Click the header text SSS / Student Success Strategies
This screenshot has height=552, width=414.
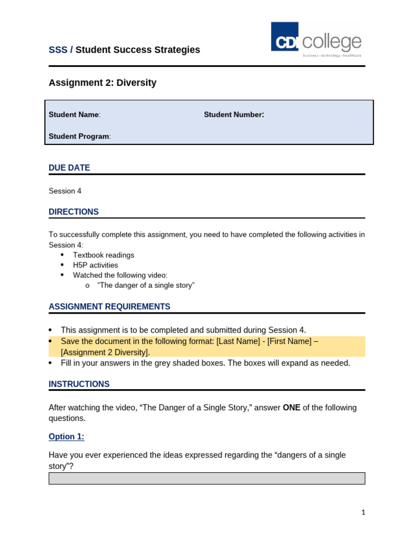pos(124,50)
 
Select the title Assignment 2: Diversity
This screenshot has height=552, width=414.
pos(102,83)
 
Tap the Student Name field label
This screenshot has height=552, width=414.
pos(74,115)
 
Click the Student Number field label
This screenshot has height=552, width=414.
pos(234,115)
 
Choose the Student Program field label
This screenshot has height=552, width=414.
pos(80,136)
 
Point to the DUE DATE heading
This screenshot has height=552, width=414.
pos(69,168)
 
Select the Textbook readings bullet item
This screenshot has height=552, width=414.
pos(103,255)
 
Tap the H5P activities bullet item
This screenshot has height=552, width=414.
pos(95,265)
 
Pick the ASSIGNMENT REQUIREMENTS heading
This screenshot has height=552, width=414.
pos(109,307)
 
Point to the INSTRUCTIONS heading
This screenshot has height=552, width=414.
pos(79,384)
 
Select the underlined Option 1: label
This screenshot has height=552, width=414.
pos(66,437)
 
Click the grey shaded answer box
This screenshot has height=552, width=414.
pos(206,479)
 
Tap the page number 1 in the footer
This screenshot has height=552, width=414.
pos(363,513)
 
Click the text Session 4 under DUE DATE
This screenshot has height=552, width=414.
pos(65,191)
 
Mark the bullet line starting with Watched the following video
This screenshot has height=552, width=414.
pos(120,275)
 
